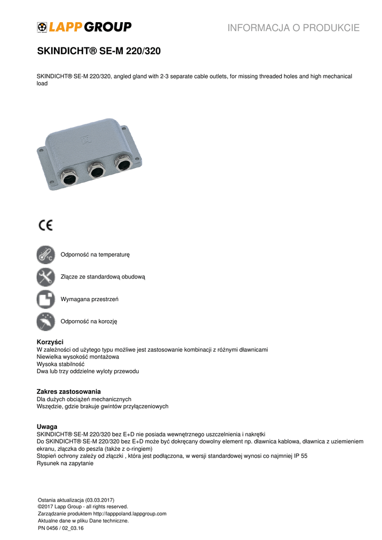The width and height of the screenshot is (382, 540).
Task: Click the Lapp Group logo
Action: click(x=84, y=27)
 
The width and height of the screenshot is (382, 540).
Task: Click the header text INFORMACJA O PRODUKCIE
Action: click(x=293, y=28)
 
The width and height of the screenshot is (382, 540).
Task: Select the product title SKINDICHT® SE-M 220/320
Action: click(x=99, y=52)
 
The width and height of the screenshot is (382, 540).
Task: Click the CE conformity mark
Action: click(x=46, y=225)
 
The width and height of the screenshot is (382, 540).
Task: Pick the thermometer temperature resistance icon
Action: click(x=46, y=255)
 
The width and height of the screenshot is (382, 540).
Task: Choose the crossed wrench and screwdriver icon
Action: click(x=46, y=277)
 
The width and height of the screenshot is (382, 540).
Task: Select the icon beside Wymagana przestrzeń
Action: click(x=46, y=299)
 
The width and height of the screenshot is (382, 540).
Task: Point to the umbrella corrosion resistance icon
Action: click(x=46, y=321)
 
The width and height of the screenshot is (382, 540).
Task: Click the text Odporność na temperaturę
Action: click(x=95, y=255)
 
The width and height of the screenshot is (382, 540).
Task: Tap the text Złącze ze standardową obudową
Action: click(x=103, y=277)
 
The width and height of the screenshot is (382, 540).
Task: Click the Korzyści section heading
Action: click(x=50, y=342)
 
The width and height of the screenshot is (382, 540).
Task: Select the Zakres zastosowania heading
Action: click(x=68, y=391)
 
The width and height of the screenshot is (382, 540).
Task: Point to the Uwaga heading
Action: click(x=47, y=426)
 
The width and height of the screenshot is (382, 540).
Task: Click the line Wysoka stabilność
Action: click(x=60, y=364)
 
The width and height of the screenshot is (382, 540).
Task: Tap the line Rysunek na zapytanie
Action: click(x=65, y=464)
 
